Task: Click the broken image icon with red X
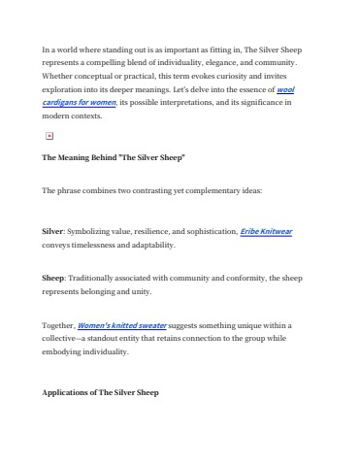(49, 138)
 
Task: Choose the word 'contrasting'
(144, 190)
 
